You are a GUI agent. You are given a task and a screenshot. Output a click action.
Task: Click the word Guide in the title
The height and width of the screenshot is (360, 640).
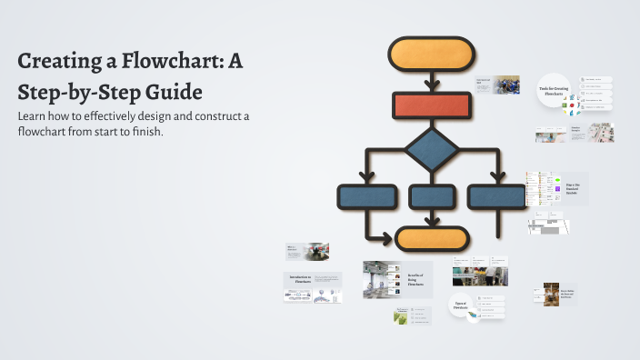(173, 92)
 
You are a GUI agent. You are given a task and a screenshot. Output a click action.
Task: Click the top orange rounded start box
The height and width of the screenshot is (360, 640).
(432, 54)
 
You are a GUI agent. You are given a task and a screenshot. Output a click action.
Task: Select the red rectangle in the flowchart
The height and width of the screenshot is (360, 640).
(432, 105)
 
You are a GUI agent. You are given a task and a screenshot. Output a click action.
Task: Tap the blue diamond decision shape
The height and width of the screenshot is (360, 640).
(432, 150)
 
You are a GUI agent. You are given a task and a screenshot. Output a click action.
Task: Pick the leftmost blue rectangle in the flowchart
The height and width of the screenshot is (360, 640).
(367, 196)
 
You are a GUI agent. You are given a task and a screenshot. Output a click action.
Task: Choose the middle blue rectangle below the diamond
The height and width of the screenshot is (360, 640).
(433, 196)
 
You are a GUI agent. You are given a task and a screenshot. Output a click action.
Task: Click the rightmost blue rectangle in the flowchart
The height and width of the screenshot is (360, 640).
(496, 196)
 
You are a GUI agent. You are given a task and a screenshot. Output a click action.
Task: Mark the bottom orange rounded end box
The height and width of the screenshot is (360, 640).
(432, 239)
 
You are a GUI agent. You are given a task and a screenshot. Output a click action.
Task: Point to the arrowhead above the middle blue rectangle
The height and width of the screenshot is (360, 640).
(433, 180)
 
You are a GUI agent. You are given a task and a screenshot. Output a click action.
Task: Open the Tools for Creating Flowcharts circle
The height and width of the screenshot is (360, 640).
(556, 89)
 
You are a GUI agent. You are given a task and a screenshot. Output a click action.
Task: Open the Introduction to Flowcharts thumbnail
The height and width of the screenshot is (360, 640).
(299, 279)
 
